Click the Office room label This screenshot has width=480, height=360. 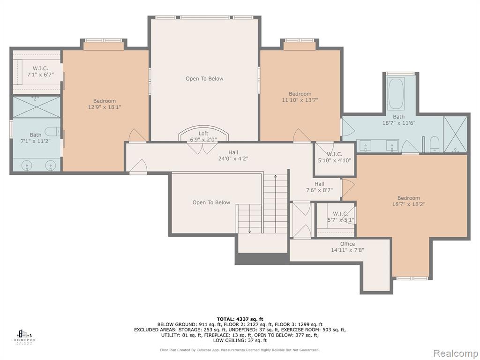(x=347, y=244)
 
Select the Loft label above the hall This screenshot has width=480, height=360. (x=203, y=134)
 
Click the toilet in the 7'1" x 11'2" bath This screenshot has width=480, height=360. (x=53, y=131)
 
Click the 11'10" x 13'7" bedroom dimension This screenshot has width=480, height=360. (x=300, y=100)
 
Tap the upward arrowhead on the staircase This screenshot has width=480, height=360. (x=276, y=176)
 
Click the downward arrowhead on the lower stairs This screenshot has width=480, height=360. (x=250, y=232)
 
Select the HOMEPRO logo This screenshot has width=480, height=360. (x=24, y=337)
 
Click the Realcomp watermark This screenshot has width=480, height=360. (x=456, y=353)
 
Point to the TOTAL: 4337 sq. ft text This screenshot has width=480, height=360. (x=240, y=319)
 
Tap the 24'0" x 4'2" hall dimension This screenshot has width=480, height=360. (x=233, y=158)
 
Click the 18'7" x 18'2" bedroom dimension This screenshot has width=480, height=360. (x=409, y=204)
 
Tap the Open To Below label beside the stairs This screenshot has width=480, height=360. (x=211, y=202)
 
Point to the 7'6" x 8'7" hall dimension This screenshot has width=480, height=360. (x=319, y=190)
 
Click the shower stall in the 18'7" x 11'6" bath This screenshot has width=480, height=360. (x=455, y=134)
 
